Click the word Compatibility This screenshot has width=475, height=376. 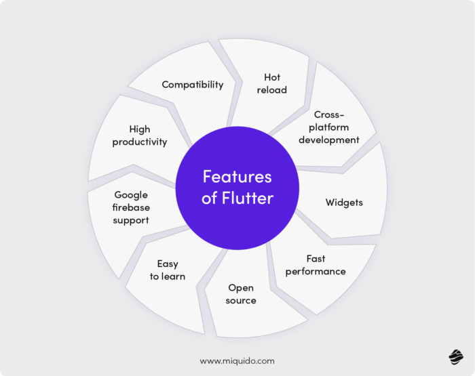coord(192,85)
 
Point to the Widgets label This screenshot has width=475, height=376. coord(344,203)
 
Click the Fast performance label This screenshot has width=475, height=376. coord(316,265)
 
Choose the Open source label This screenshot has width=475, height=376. coord(241,294)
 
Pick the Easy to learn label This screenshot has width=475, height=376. coord(167,270)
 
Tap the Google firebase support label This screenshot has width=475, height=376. coord(131,207)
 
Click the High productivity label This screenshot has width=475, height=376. coord(140,135)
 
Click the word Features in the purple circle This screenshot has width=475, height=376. coord(237,177)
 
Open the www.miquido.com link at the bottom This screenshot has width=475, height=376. coord(237,361)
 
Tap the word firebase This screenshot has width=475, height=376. coord(131,207)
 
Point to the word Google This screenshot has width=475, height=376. coord(131,195)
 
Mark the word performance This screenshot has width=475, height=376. coord(316,272)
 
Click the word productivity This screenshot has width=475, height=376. coord(140,142)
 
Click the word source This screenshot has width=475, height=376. coord(241,300)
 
